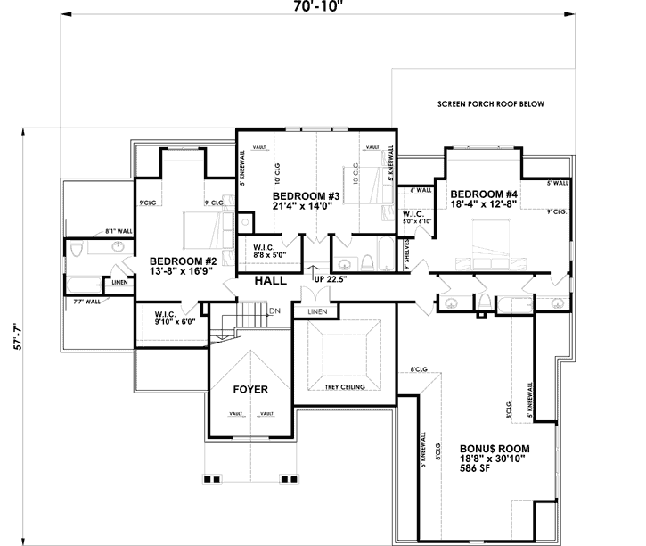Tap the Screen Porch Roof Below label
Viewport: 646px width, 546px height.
pyautogui.click(x=490, y=104)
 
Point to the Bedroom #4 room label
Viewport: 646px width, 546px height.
pyautogui.click(x=484, y=199)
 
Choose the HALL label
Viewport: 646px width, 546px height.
pyautogui.click(x=270, y=280)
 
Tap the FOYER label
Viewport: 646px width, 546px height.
pyautogui.click(x=250, y=390)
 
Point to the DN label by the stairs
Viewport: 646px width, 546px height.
pyautogui.click(x=275, y=310)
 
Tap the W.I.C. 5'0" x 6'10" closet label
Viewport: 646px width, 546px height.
pyautogui.click(x=416, y=218)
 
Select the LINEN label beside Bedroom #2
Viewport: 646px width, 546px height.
pyautogui.click(x=119, y=283)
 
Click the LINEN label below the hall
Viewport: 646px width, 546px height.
pyautogui.click(x=317, y=311)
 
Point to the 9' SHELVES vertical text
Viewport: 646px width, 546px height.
pyautogui.click(x=405, y=253)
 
